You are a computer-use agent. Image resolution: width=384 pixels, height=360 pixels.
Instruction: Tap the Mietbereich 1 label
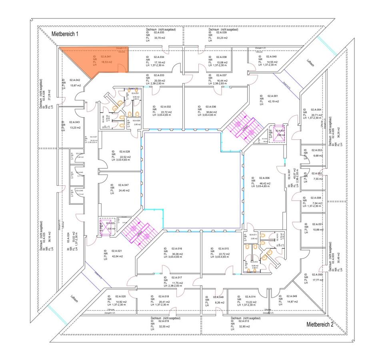click(x=65, y=34)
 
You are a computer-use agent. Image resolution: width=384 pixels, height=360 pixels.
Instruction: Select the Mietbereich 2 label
click(x=320, y=324)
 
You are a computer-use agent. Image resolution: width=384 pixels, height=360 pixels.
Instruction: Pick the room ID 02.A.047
click(x=123, y=185)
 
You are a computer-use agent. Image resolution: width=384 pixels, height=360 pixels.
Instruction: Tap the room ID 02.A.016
click(x=177, y=249)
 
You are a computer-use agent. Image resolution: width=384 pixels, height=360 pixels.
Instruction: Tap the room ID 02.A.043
click(x=74, y=122)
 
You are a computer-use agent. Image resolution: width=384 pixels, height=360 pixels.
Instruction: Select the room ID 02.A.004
click(x=317, y=109)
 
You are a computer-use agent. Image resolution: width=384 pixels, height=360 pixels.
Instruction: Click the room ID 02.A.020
click(x=120, y=296)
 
